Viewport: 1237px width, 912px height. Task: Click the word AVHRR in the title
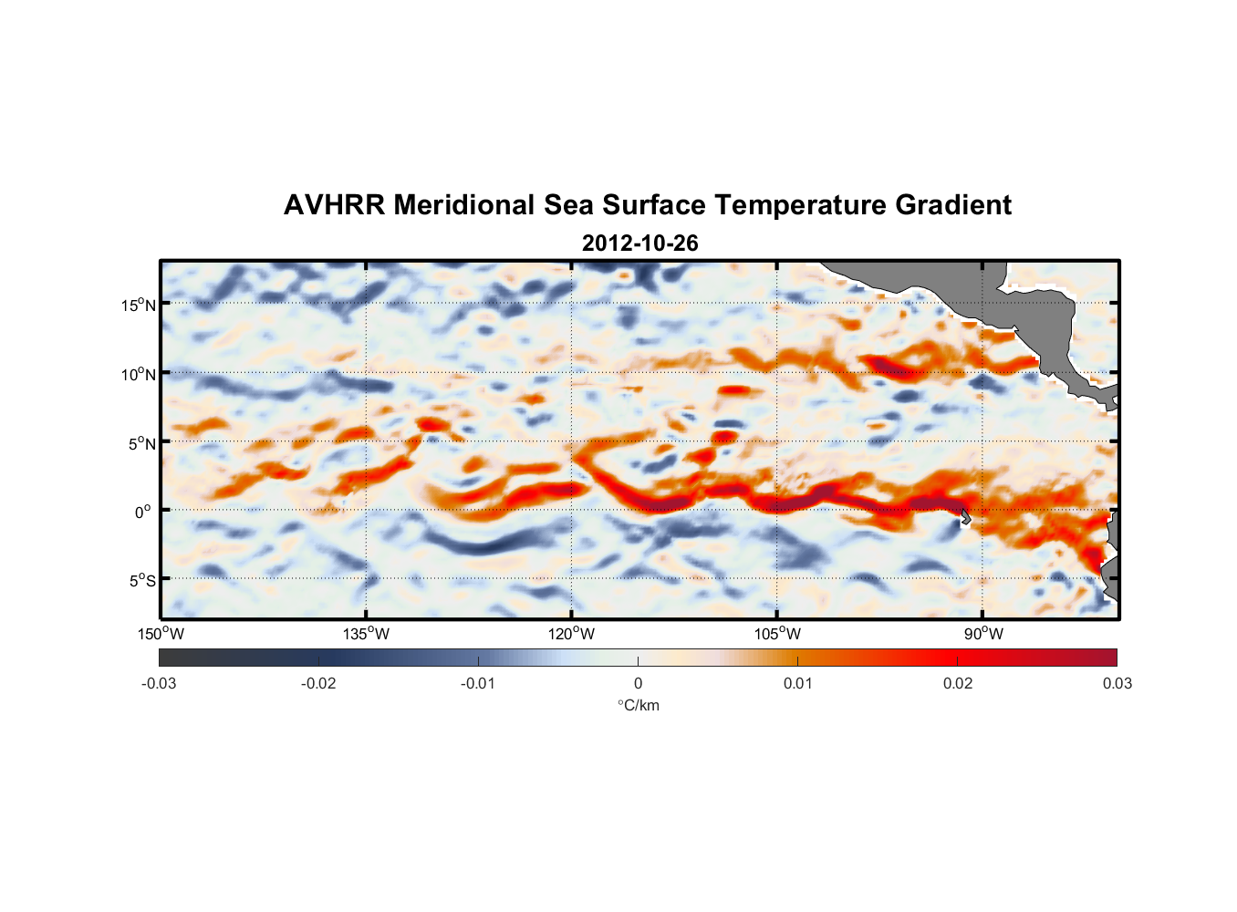click(334, 205)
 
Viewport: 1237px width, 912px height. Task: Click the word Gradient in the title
click(952, 205)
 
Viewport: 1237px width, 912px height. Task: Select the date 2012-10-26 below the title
click(639, 244)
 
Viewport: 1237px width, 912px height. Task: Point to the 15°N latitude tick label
click(139, 305)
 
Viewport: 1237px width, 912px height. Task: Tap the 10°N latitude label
click(139, 374)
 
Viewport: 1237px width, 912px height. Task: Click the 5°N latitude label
click(142, 443)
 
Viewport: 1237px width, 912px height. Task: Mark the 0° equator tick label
click(142, 512)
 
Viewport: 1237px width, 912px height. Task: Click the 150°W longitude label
click(161, 634)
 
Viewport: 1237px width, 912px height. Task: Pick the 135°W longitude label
click(367, 634)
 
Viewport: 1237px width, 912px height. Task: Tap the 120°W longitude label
click(572, 634)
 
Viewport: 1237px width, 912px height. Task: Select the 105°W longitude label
click(777, 634)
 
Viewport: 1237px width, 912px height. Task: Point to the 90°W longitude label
click(983, 634)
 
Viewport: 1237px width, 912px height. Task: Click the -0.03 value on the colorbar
click(159, 683)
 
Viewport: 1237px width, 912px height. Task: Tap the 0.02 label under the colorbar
click(958, 683)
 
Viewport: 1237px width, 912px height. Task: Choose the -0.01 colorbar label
click(478, 683)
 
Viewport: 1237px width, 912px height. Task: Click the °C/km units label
click(639, 705)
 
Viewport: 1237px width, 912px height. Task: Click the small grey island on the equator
click(965, 516)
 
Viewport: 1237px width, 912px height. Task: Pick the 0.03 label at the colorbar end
click(1117, 683)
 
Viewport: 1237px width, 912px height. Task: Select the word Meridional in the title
click(464, 205)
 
